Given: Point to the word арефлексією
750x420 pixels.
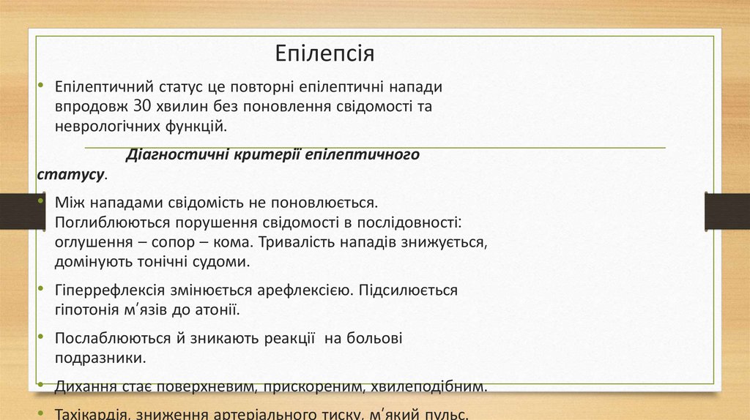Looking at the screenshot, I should (311, 290).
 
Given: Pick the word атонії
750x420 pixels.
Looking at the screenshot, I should (216, 310).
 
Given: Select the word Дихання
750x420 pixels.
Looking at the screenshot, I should (83, 386).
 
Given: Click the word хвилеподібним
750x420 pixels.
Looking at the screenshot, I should (434, 386).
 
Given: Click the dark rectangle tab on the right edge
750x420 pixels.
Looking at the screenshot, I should (727, 211).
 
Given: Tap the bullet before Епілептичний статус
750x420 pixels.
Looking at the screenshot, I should (42, 86).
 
